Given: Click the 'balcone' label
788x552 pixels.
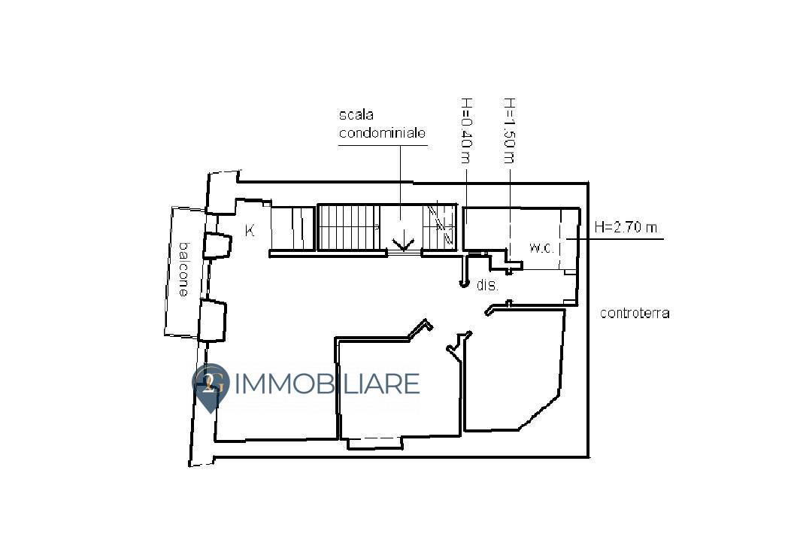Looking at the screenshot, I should click(182, 269).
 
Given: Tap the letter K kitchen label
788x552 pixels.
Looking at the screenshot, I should click(250, 231).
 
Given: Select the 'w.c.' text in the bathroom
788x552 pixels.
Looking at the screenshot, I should click(541, 247).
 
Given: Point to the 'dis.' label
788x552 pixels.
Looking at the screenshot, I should click(488, 286).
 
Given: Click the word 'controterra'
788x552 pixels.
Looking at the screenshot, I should click(634, 314).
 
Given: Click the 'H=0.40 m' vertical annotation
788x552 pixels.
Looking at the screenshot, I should click(465, 130).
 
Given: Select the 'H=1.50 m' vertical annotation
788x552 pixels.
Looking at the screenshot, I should click(509, 130).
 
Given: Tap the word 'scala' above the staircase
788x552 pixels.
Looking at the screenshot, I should click(356, 115).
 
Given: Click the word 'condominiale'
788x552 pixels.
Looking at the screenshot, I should click(383, 133).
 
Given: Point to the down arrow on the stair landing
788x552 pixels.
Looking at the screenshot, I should click(404, 242).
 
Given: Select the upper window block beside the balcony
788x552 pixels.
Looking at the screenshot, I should click(217, 246).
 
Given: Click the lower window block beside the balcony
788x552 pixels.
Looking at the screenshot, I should click(212, 320).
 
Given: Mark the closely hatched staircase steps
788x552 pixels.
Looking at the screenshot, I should click(347, 227).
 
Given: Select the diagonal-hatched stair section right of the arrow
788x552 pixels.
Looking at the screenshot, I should click(441, 226).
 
